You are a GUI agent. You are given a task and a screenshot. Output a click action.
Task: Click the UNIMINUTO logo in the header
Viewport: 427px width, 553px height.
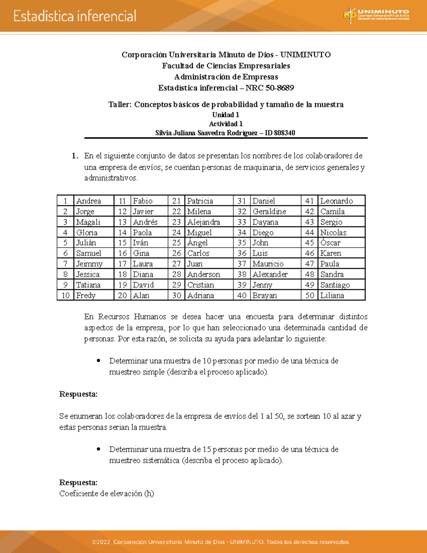tap(376, 16)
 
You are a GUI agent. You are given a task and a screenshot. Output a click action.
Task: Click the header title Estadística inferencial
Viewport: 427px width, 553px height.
tap(75, 16)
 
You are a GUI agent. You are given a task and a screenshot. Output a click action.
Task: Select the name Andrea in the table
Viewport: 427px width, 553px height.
tap(89, 201)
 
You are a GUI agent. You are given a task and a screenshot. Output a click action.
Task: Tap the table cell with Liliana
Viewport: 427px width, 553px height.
tap(332, 296)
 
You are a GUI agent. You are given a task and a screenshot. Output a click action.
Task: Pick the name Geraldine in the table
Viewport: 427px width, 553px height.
tap(269, 212)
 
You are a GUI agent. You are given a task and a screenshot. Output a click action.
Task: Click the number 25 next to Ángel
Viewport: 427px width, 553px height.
tap(176, 243)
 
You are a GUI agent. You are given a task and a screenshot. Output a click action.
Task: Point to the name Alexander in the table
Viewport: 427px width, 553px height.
tap(270, 275)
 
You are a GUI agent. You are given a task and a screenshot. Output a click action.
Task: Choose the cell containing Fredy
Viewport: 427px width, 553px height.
tap(86, 296)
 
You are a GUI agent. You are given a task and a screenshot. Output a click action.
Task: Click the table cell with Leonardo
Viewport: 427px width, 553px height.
tap(336, 201)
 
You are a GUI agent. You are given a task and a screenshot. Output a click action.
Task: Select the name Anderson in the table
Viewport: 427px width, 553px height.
tap(204, 275)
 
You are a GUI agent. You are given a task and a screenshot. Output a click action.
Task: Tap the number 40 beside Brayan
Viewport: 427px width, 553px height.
tap(242, 296)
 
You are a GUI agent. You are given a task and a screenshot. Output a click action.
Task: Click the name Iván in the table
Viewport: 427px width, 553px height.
tap(141, 243)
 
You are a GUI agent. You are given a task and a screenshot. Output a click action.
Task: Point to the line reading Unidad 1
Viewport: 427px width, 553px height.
tap(226, 115)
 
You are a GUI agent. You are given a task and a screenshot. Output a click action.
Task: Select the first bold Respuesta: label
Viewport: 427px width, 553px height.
tap(78, 394)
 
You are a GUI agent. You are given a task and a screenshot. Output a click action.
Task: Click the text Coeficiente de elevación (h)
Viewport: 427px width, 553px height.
tap(106, 494)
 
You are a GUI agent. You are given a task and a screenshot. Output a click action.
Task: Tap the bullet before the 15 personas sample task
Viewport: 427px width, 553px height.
tap(99, 449)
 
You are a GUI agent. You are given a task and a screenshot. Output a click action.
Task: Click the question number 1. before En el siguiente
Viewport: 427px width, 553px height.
tap(75, 156)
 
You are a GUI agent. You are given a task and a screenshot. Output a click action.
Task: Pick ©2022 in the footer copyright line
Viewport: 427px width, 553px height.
tap(101, 542)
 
